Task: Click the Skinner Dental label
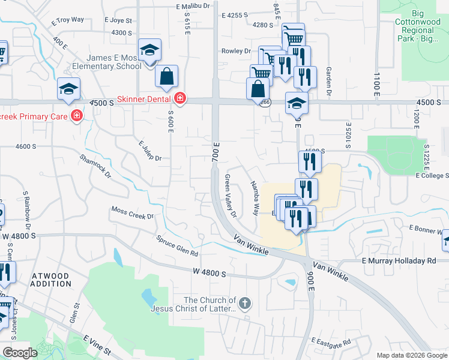pos(145,98)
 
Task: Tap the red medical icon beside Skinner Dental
pos(179,98)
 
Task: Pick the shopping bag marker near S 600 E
pos(166,77)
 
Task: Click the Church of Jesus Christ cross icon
pos(244,304)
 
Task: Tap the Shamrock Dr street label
pos(96,166)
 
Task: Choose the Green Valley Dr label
pos(231,196)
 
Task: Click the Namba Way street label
pos(255,198)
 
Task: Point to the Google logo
pos(20,353)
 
